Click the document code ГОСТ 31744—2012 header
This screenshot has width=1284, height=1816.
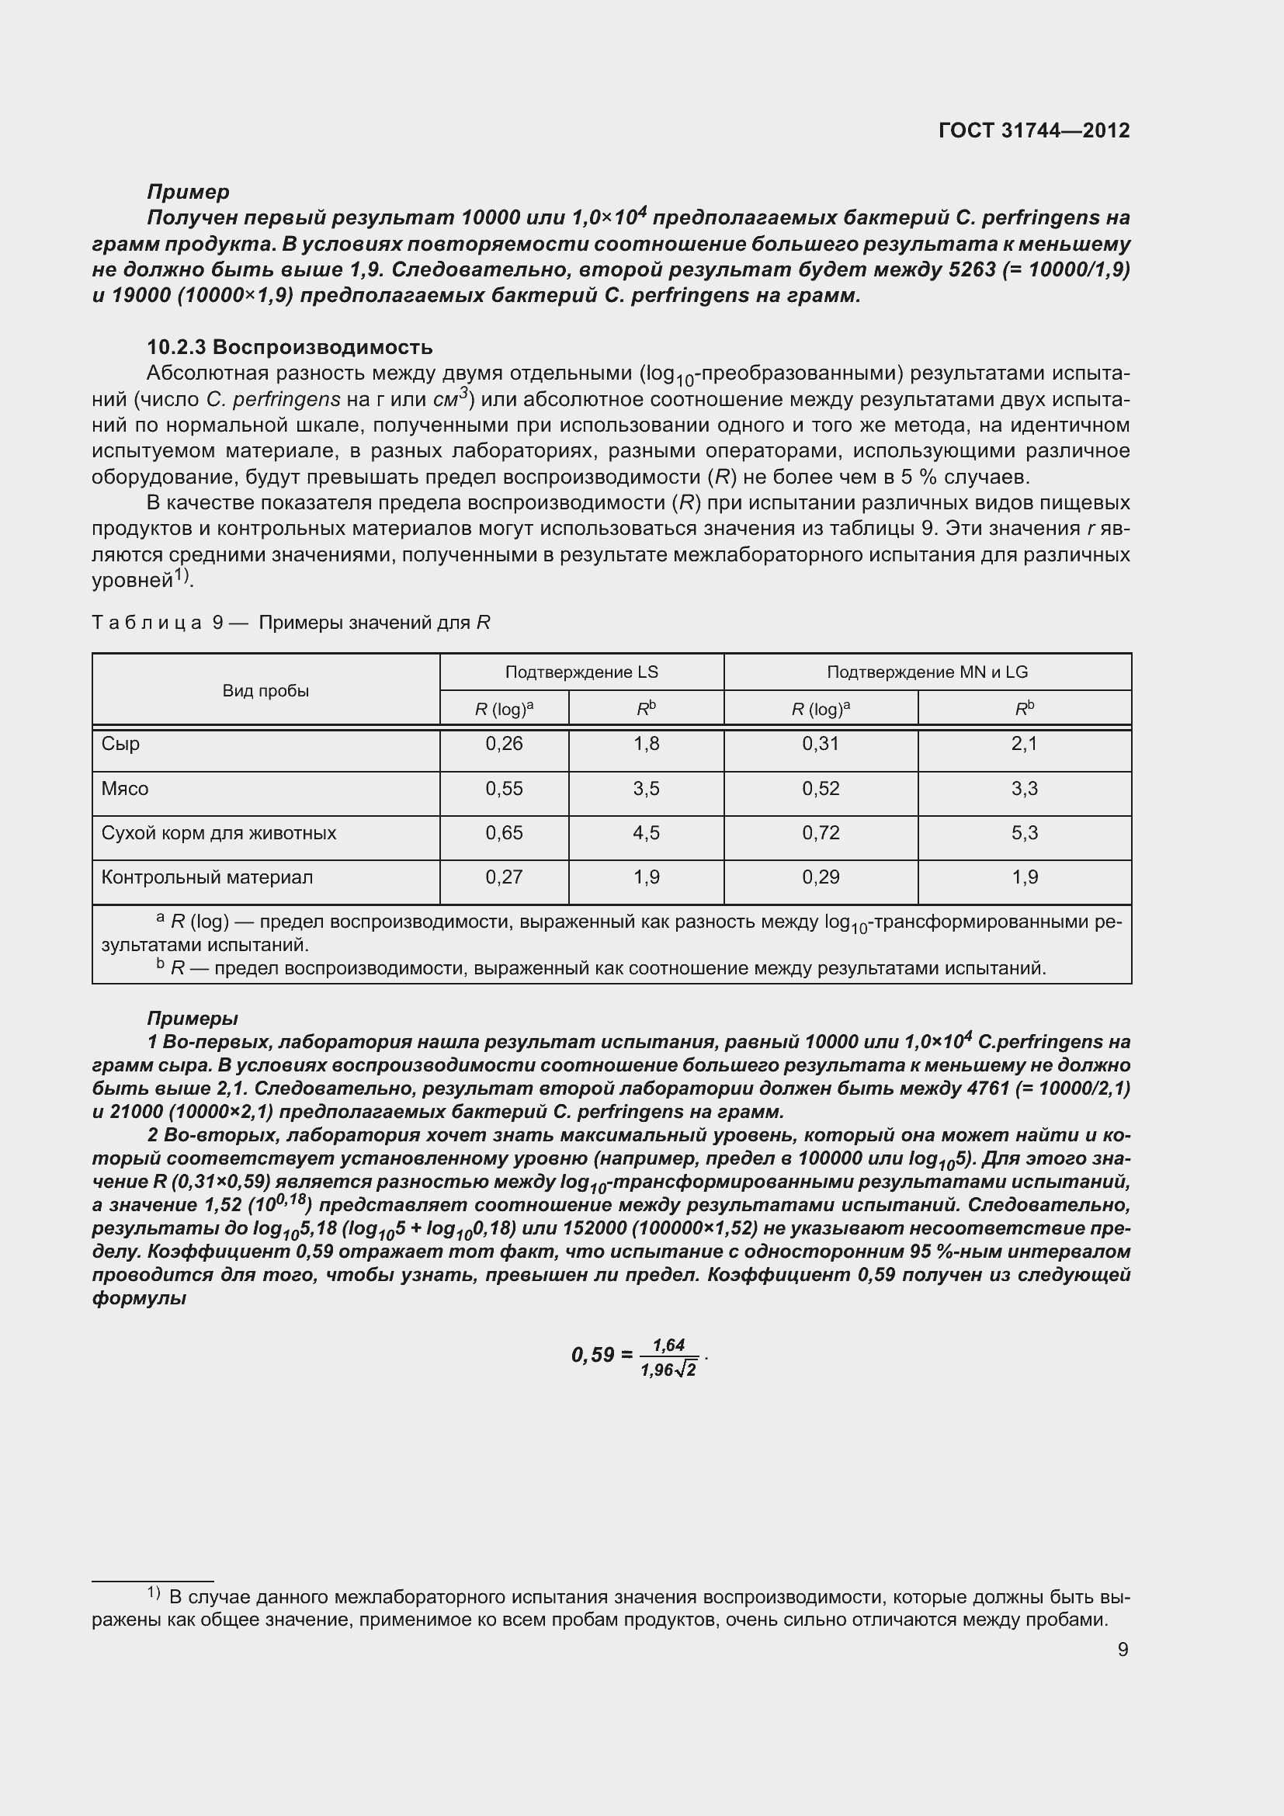1033,130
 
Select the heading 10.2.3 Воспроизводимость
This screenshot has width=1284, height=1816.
290,347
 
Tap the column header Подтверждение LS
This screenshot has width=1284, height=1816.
581,672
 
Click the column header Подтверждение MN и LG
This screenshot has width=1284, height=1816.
927,672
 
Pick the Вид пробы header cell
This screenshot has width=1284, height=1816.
265,690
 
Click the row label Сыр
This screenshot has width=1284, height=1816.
121,744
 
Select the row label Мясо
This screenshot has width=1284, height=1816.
125,789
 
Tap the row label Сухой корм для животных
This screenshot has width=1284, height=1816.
218,833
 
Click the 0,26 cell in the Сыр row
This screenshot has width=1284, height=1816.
504,744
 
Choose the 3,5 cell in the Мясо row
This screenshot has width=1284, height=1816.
646,789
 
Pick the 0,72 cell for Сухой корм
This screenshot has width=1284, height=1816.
821,833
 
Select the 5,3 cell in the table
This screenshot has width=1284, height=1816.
1024,833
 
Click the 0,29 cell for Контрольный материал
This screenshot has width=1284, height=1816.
821,877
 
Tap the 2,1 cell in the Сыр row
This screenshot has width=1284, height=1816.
1024,744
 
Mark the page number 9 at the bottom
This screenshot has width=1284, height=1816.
1123,1649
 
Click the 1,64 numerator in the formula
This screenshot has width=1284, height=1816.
668,1345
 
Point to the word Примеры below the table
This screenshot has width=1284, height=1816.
192,1018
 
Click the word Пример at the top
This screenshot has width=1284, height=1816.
188,192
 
